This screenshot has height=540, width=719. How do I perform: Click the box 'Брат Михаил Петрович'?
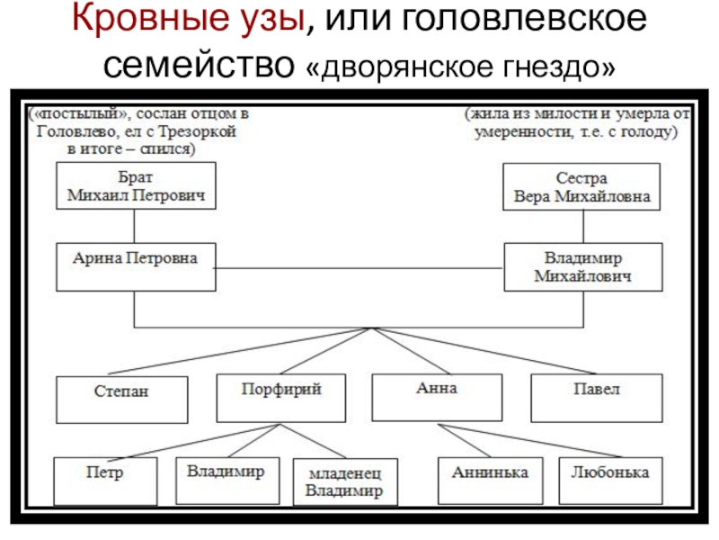(x=136, y=186)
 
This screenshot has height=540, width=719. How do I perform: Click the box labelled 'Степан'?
(x=122, y=399)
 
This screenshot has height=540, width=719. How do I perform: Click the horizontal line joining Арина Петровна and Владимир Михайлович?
(x=359, y=267)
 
